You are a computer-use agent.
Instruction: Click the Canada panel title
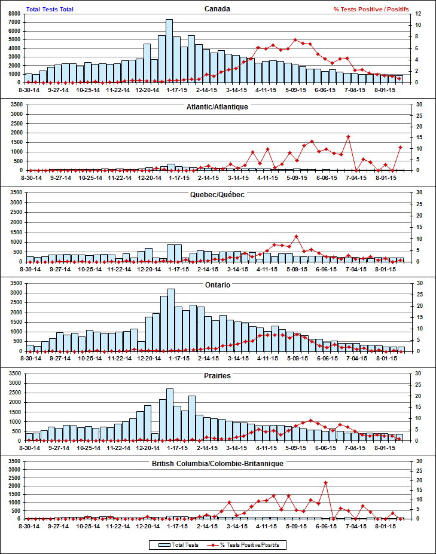(x=217, y=8)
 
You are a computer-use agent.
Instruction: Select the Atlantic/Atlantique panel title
(x=217, y=107)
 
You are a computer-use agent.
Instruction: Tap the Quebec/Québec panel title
(x=217, y=195)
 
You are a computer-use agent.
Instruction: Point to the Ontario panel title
(x=217, y=285)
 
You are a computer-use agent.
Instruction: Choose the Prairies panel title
(x=217, y=376)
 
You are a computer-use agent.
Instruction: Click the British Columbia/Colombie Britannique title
(x=217, y=463)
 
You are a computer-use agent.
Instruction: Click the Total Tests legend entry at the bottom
(x=174, y=544)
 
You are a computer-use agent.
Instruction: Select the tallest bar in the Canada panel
(x=169, y=51)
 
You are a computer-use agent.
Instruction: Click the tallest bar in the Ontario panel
(x=171, y=320)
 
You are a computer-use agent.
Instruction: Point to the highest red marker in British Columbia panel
(x=325, y=482)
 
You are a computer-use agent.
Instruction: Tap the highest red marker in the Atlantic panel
(x=348, y=137)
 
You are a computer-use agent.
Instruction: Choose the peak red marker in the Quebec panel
(x=296, y=237)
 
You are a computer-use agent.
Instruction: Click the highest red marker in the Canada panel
(x=296, y=40)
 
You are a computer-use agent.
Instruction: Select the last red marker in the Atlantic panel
(x=400, y=147)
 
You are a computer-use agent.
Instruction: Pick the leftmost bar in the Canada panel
(x=28, y=78)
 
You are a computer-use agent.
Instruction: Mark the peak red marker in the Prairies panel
(x=310, y=421)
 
